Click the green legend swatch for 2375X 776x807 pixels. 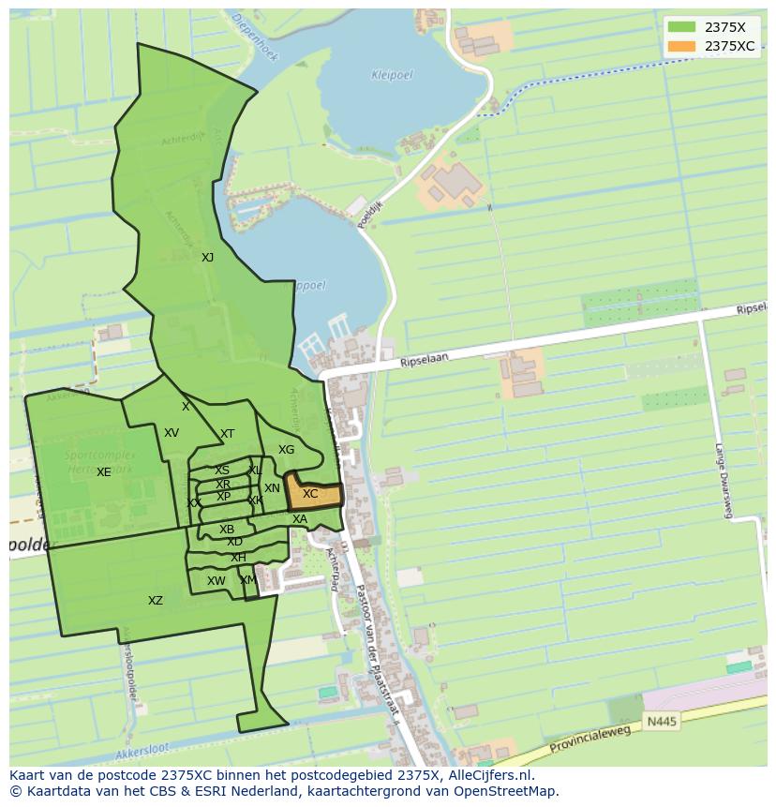coord(681,27)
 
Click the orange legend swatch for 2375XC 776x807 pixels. coord(681,46)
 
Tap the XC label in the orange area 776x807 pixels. coord(310,494)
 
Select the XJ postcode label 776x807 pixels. coord(207,258)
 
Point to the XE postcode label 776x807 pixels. coord(103,472)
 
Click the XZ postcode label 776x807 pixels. coord(156,601)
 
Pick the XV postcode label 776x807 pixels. coord(172,433)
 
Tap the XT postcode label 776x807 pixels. coord(227,434)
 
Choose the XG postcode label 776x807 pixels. coord(286,450)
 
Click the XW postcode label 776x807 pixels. coord(216,581)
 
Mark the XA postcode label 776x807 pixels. coord(300,519)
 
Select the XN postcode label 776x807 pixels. coord(272,488)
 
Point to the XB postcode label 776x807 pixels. coord(227,530)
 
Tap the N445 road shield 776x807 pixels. coord(660,722)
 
